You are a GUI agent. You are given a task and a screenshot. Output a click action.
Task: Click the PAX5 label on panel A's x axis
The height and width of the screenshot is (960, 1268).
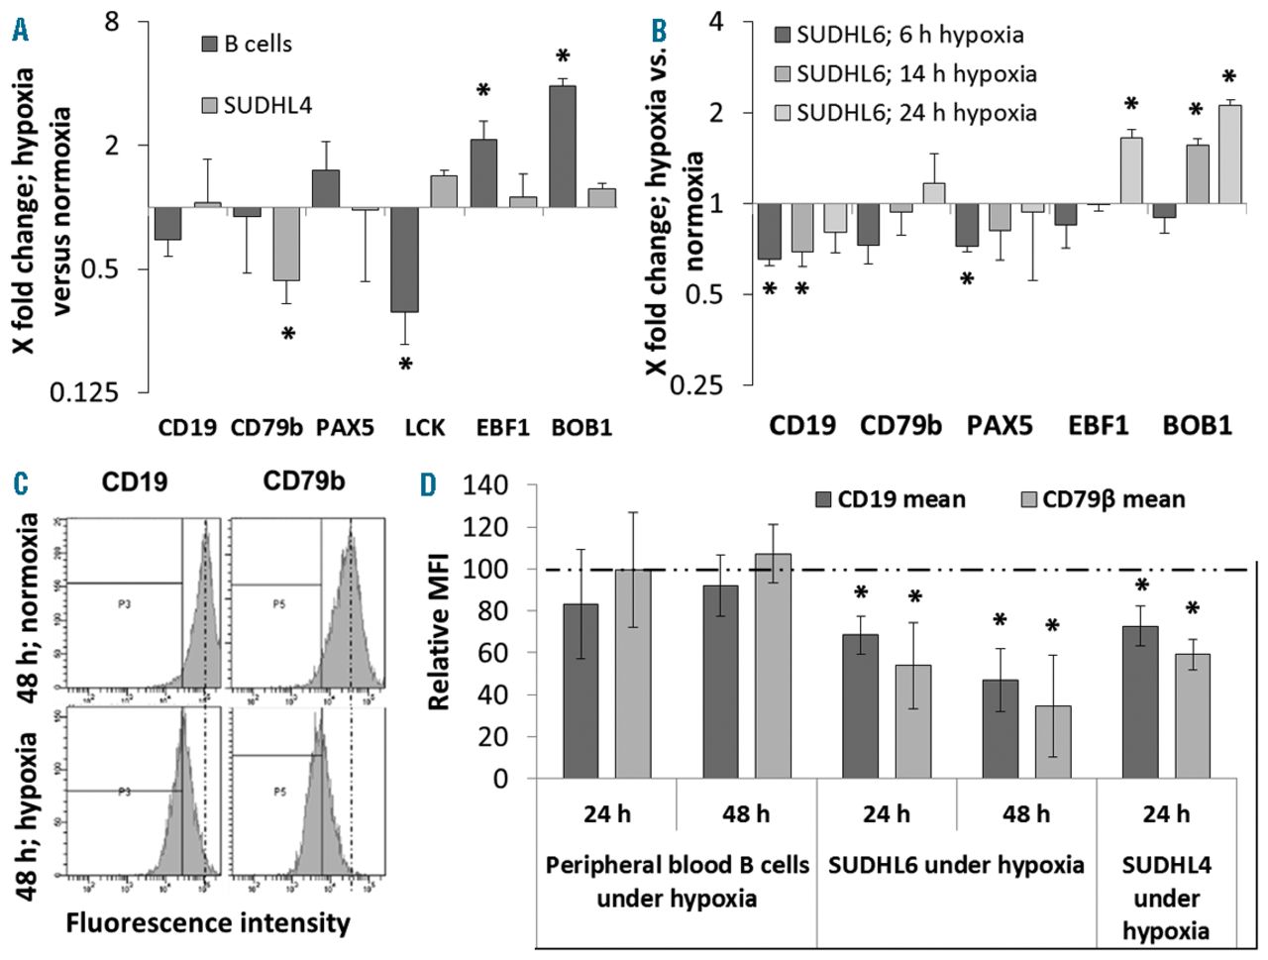point(346,428)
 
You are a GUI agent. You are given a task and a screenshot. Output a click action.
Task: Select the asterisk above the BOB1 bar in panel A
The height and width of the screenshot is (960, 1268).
point(563,56)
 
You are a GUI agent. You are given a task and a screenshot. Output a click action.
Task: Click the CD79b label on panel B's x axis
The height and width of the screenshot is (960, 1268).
point(900,426)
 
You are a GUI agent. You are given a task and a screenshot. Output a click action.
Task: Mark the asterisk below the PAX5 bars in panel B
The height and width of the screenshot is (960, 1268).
point(967,279)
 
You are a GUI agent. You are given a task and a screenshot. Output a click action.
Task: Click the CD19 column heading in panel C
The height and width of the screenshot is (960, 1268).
point(134,482)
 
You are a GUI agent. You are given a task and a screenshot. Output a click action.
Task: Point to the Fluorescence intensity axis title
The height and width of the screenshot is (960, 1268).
point(208,923)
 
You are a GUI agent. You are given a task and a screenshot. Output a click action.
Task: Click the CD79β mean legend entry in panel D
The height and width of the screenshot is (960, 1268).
point(1100,498)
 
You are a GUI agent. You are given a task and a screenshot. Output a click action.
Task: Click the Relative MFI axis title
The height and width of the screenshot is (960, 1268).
point(440,631)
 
